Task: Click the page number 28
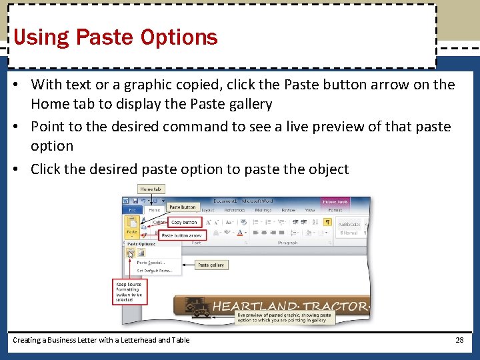tap(459, 340)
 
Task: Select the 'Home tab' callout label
tap(151, 189)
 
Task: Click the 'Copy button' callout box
tap(185, 222)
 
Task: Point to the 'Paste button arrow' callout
tap(182, 235)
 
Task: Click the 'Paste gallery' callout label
tap(211, 265)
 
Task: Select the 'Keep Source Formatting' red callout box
tap(127, 291)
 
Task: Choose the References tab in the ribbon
tap(234, 210)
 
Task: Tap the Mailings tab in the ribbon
tap(263, 210)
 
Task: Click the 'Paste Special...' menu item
tap(151, 262)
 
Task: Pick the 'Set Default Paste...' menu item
tap(154, 271)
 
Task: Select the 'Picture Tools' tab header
tap(335, 201)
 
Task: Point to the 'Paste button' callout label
tap(183, 207)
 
